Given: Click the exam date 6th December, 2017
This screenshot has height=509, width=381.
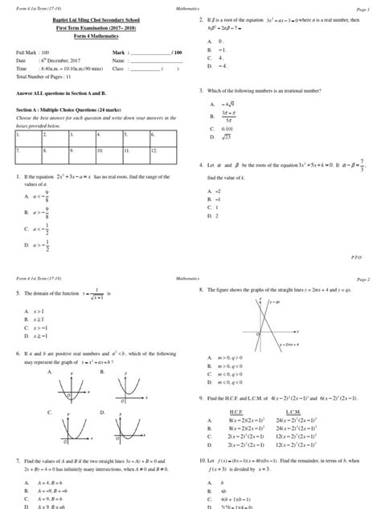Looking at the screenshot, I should click(70, 60).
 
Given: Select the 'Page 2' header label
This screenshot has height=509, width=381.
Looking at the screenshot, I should click(363, 278).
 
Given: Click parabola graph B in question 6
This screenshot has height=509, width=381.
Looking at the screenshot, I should click(129, 391).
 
